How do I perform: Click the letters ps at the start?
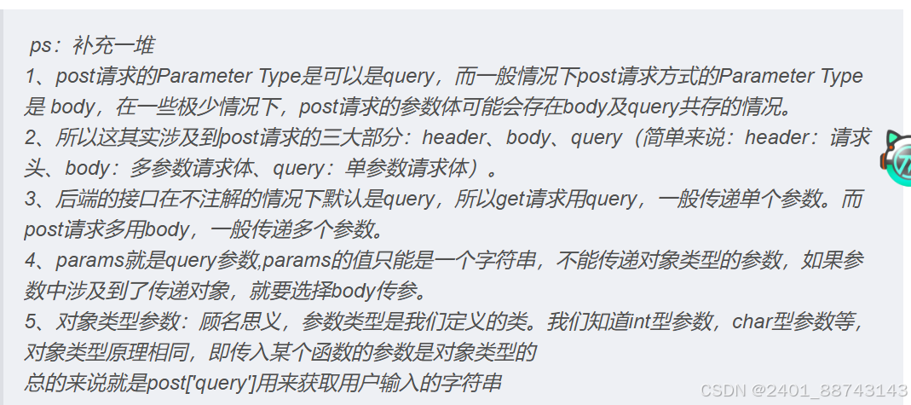tap(40, 45)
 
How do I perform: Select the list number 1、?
tap(39, 77)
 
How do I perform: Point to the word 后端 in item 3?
tap(76, 200)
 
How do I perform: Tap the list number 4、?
tap(39, 260)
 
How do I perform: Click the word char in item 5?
tap(754, 322)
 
